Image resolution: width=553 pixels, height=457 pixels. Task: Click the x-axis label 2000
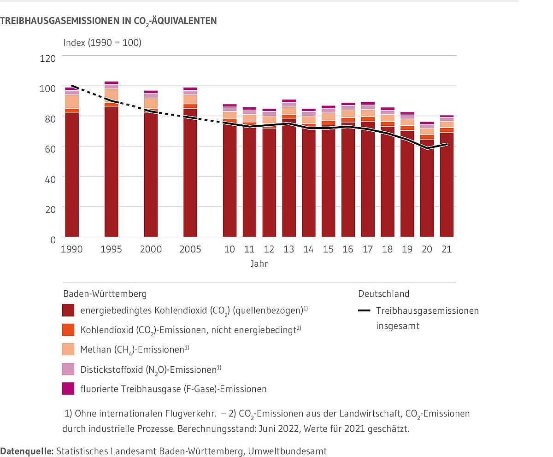pos(151,249)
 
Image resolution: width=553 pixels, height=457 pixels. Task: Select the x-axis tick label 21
pos(447,249)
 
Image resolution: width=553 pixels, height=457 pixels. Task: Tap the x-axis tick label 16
pos(348,249)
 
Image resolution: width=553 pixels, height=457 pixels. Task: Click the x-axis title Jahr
pos(259,264)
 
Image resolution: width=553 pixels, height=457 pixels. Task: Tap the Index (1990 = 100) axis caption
pos(102,43)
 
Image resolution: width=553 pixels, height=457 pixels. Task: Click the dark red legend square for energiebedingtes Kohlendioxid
pos(68,311)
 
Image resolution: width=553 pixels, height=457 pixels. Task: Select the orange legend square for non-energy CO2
pos(68,330)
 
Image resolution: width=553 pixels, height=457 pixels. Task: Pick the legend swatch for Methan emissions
pos(68,350)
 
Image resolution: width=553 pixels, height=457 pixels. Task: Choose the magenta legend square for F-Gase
pos(68,389)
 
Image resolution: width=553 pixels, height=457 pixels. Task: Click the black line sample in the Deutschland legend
pos(364,311)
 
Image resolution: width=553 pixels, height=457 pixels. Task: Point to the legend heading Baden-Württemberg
pos(105,293)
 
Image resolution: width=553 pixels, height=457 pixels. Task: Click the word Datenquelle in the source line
pos(27,451)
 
